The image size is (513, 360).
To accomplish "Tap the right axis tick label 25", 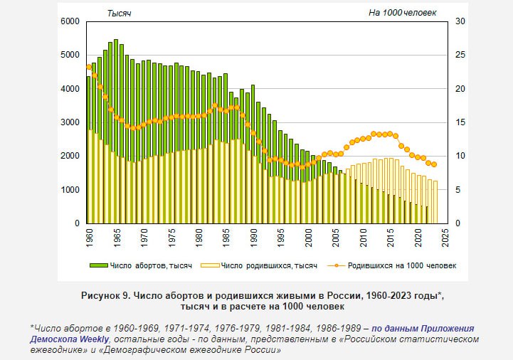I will coord(460,55).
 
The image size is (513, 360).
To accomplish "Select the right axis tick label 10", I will coord(460,156).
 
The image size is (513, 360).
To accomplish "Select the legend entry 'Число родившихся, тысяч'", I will coord(257,265).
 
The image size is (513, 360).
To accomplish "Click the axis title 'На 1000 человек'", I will coord(402,13).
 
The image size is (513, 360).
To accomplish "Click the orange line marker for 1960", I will coord(89,67).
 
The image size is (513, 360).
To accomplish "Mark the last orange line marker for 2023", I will coord(434,164).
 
